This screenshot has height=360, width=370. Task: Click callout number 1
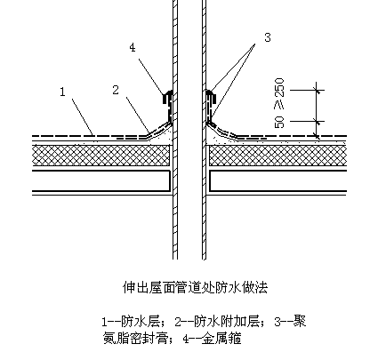pos(62,92)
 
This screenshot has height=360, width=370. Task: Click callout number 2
pos(116,90)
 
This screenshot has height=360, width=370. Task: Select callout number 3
pos(268,37)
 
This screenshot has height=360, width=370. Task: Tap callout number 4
pos(133,47)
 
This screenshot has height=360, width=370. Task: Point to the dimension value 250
pos(279,88)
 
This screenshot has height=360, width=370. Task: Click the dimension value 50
pos(279,122)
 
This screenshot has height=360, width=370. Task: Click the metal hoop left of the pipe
pos(167,106)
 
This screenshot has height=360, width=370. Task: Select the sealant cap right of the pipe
pos(211,96)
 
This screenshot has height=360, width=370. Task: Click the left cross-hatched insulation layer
pos(101,156)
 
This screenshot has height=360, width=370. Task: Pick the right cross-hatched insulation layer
pos(278,156)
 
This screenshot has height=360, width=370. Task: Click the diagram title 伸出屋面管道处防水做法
pos(195,287)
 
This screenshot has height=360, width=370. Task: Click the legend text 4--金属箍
pos(213,339)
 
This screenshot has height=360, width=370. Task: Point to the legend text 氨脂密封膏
pos(136,339)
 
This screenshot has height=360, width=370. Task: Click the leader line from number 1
pos(84,117)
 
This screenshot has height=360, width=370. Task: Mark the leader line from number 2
pos(138,115)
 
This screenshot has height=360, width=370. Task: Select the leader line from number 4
pos(151,76)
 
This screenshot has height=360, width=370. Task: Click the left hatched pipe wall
pos(175,130)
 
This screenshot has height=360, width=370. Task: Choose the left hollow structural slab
pos(101,180)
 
